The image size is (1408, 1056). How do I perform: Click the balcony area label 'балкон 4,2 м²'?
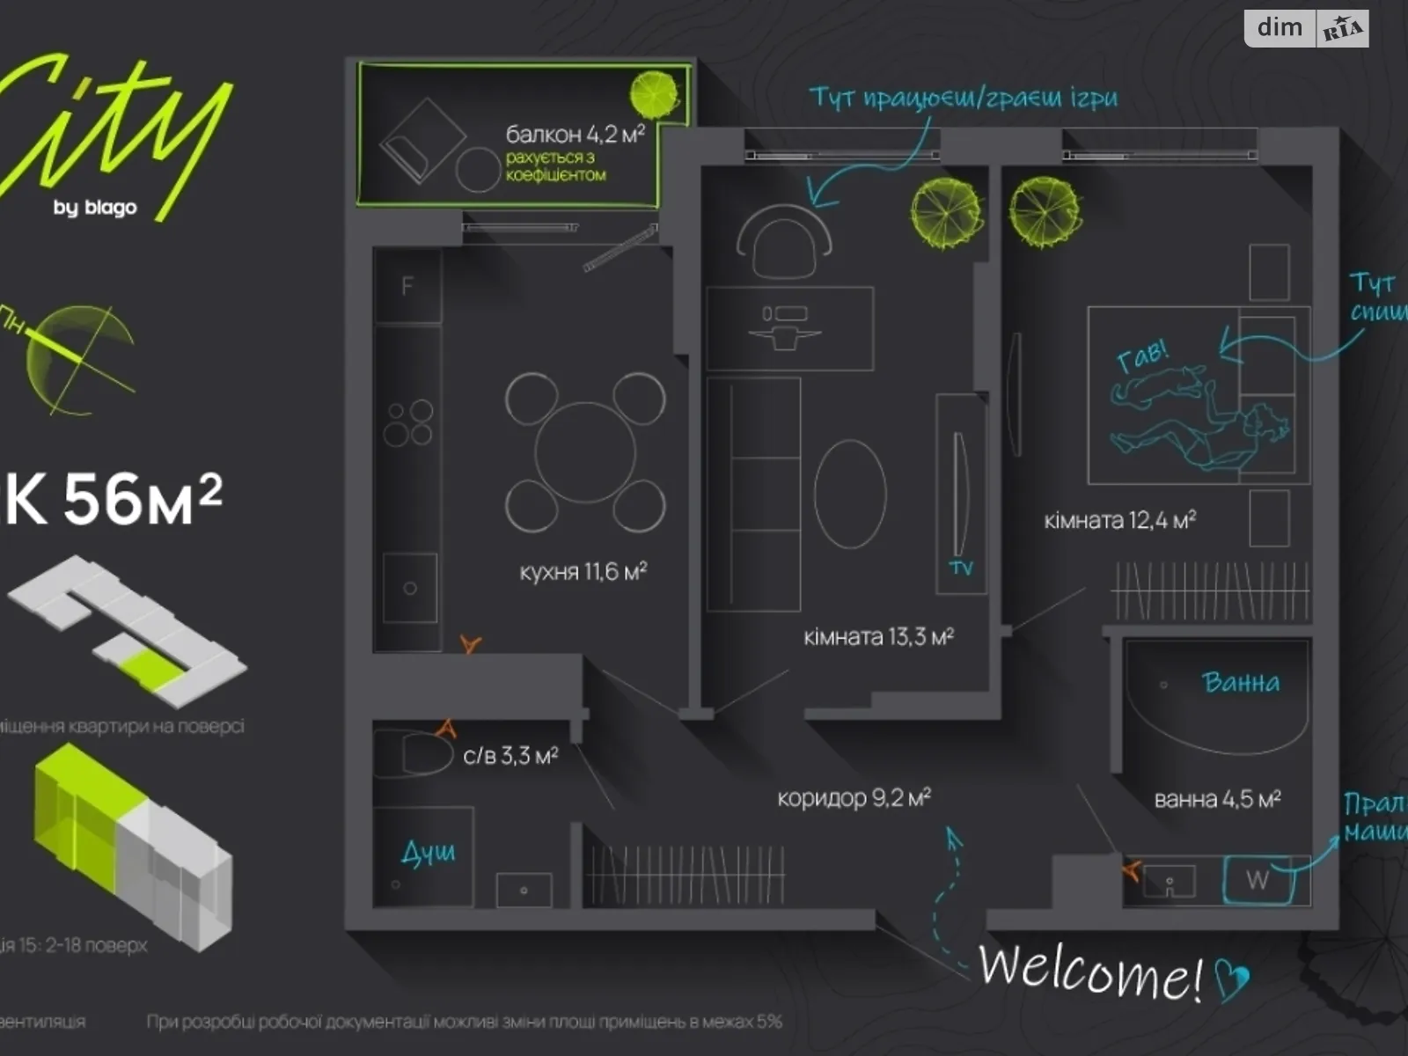575,134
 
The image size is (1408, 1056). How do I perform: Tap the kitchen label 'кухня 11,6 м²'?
583,572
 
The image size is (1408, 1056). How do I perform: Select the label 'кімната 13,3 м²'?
878,636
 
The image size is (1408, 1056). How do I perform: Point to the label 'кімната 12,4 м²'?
1119,520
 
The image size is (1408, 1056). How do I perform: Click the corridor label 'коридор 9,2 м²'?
854,798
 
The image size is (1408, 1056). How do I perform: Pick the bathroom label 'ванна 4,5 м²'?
1217,799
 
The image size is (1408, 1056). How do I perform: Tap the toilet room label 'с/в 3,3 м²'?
510,756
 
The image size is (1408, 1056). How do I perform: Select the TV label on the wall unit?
961,568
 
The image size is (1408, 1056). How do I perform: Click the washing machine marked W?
1258,879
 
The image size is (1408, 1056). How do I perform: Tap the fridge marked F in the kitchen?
407,286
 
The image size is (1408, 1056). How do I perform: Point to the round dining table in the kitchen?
585,452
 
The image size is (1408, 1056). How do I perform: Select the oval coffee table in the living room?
849,493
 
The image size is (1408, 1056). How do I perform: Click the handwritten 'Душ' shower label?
429,852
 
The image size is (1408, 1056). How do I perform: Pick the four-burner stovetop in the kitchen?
408,422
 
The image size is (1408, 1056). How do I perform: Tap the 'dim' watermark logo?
1280,28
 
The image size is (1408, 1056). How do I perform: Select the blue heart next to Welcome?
1232,979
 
